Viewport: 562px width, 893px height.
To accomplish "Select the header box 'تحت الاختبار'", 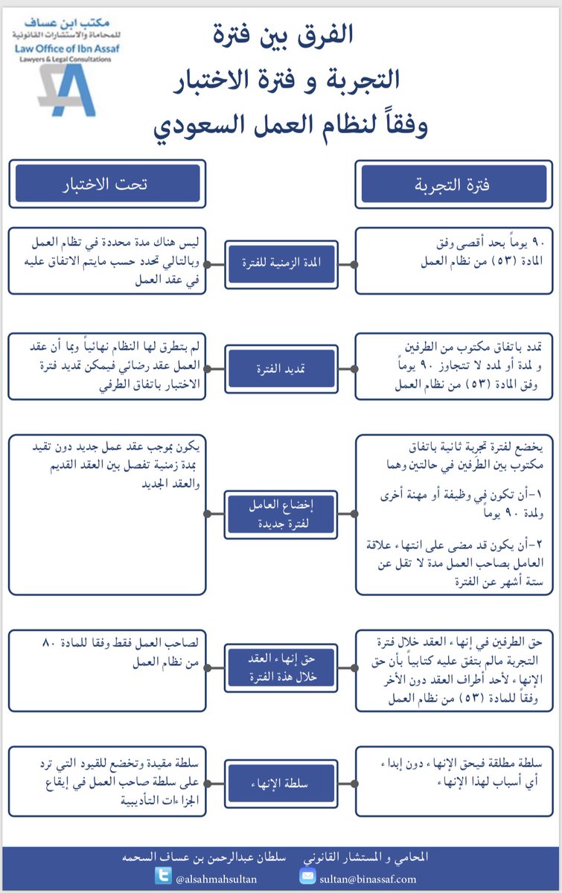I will click(108, 184).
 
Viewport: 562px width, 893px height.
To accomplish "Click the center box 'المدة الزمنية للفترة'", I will click(281, 263).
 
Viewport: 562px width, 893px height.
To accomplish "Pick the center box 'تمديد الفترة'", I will click(281, 368).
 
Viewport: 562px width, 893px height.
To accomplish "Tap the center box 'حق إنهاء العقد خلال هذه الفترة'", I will click(281, 668).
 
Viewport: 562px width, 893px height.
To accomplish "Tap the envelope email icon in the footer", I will click(308, 876).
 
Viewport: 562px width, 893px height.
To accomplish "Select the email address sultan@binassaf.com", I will click(368, 877).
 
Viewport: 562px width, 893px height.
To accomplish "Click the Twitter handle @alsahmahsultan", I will click(216, 877).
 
